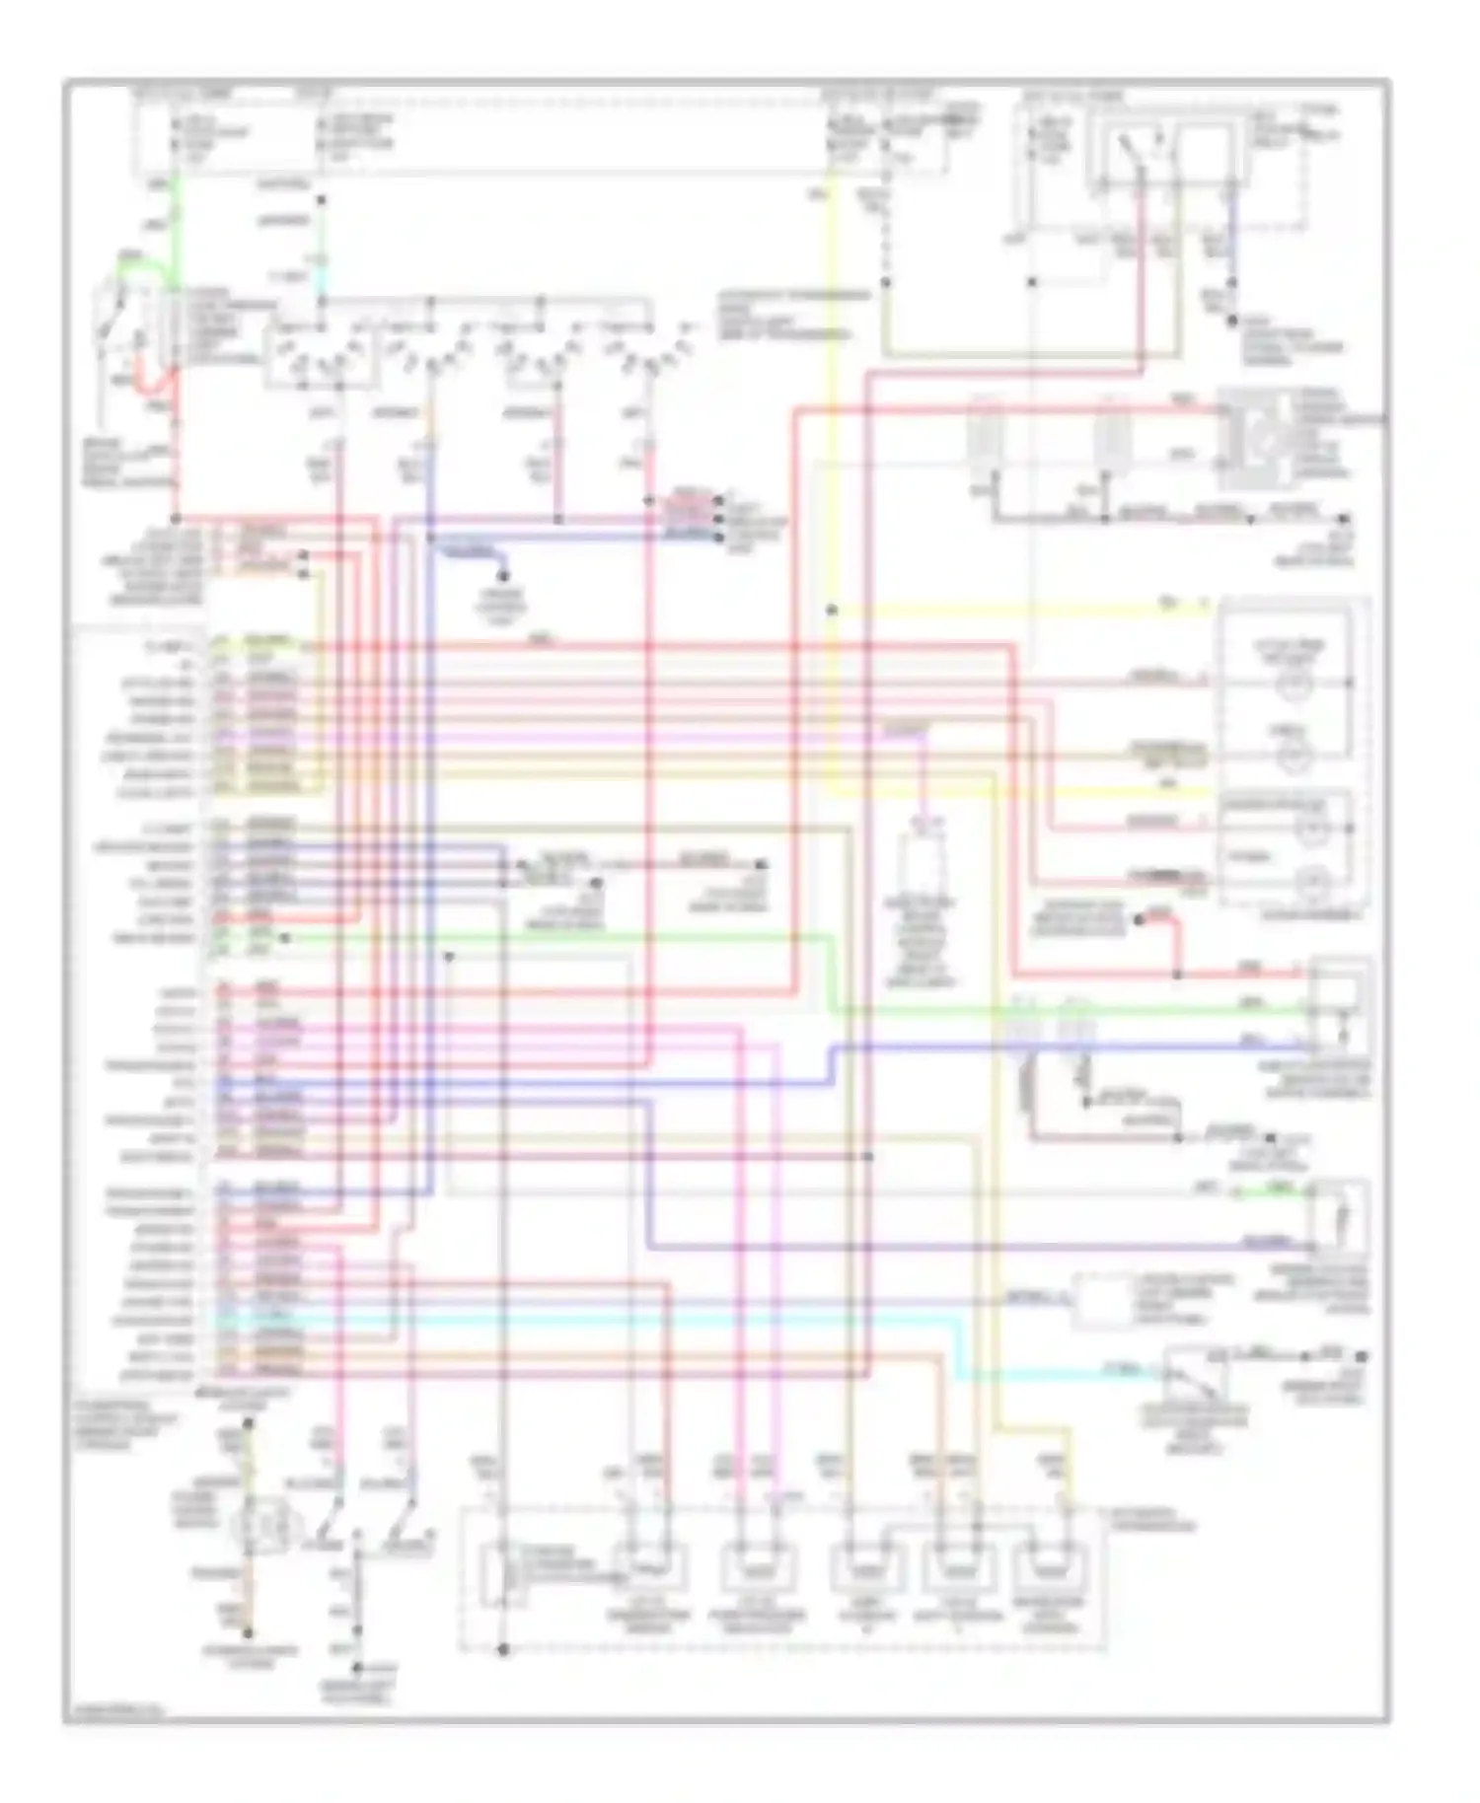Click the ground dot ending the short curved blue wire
coord(503,576)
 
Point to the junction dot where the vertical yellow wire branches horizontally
coord(832,611)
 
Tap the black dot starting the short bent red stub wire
coord(1138,919)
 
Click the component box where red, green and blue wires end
coord(1339,1006)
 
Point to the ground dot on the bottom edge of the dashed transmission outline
coord(503,1649)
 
